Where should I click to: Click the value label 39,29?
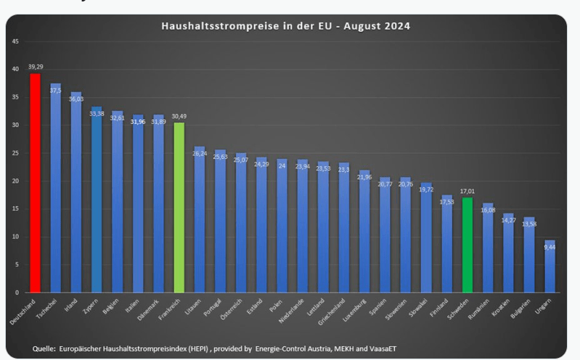[36, 67]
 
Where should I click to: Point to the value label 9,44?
[550, 246]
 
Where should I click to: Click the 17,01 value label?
[467, 192]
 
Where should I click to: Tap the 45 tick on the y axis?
[15, 41]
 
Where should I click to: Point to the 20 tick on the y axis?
[15, 181]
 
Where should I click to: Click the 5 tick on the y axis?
[17, 265]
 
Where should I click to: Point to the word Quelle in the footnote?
[46, 348]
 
